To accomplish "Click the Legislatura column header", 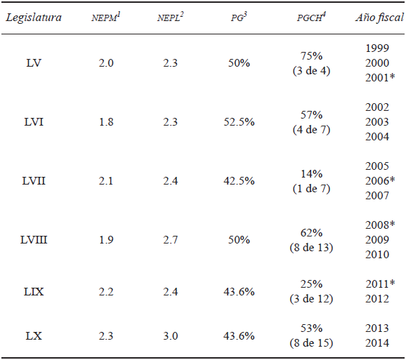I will pos(34,18).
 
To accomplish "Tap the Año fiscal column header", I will pos(379,18).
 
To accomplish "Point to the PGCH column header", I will pos(309,18).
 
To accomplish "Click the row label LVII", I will pos(34,182).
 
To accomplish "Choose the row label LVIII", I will pos(34,240).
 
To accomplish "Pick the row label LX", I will pos(34,335).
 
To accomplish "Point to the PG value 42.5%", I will pos(239,182).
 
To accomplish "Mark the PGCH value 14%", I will pos(309,175).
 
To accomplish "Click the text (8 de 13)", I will pos(309,247).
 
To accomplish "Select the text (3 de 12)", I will pos(309,298).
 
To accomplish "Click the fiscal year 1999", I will pos(378,48).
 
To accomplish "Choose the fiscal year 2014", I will pos(378,342).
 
